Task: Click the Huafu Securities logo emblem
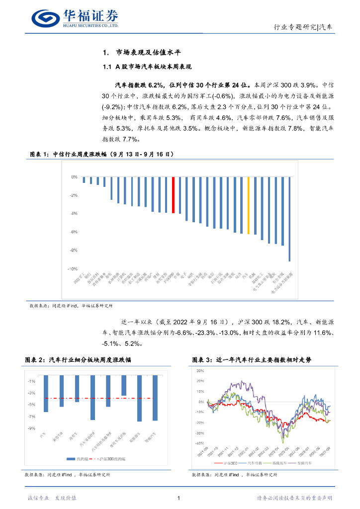point(45,18)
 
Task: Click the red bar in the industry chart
point(173,195)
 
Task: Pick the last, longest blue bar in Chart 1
point(289,219)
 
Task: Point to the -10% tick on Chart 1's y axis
point(73,268)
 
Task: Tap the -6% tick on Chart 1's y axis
point(74,232)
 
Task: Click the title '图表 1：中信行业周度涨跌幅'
point(102,155)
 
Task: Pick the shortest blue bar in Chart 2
point(124,385)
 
